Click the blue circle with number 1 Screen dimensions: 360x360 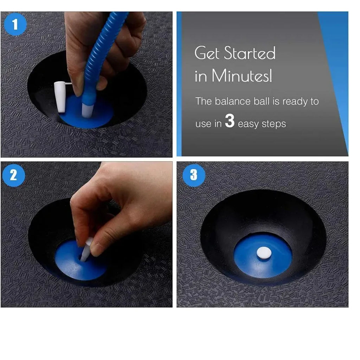point(15,24)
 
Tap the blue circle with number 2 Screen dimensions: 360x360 point(13,175)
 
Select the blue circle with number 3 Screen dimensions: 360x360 point(193,175)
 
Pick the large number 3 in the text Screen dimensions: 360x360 point(230,122)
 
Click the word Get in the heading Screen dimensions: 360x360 point(207,53)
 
